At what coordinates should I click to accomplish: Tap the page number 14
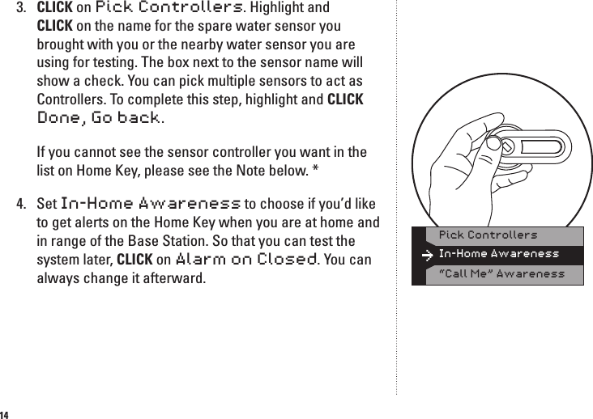coord(6,413)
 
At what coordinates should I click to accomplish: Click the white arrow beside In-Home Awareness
coord(427,255)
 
